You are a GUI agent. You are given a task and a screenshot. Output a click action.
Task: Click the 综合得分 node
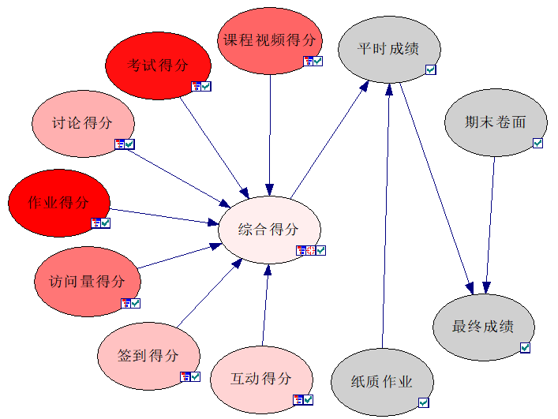pos(269,230)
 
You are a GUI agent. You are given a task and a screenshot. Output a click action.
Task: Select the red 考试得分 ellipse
pos(158,65)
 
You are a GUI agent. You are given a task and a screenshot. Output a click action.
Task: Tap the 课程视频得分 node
pos(269,40)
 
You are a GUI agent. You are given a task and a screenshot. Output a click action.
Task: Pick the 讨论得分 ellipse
pos(82,123)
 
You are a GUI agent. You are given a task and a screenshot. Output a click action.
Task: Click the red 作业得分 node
pos(58,203)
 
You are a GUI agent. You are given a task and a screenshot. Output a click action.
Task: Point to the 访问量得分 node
pos(87,282)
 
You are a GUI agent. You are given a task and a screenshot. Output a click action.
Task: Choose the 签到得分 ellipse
pos(148,356)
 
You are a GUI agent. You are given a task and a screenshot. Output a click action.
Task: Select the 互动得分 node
pos(261,378)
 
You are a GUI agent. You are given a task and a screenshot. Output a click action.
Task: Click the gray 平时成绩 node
pos(388,48)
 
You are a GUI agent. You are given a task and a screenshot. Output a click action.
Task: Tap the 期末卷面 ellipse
pos(495,122)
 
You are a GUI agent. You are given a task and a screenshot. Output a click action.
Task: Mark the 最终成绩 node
pos(484,327)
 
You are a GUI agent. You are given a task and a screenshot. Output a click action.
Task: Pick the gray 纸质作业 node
pos(382,382)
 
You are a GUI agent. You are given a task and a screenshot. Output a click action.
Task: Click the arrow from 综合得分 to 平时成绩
pos(330,138)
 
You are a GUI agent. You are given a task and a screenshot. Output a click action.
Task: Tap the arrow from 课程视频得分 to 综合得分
pos(270,134)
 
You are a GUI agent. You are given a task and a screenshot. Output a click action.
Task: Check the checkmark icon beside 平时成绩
pos(431,70)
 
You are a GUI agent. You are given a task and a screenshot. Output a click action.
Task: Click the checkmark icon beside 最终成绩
pos(525,347)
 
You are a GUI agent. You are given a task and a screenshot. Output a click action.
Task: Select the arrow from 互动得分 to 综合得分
pos(265,308)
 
